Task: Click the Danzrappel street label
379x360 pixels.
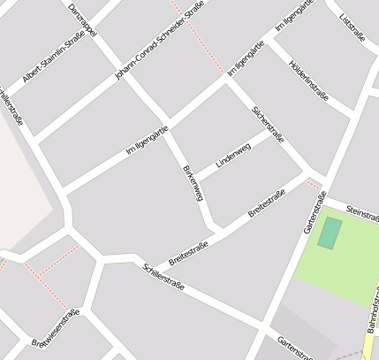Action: pyautogui.click(x=84, y=19)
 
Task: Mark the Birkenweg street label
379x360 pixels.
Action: pyautogui.click(x=193, y=181)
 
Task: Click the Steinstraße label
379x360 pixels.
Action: pyautogui.click(x=363, y=211)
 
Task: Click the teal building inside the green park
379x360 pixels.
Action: pyautogui.click(x=329, y=233)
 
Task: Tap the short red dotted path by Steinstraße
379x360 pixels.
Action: pyautogui.click(x=313, y=183)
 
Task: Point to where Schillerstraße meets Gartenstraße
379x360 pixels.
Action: pyautogui.click(x=263, y=324)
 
